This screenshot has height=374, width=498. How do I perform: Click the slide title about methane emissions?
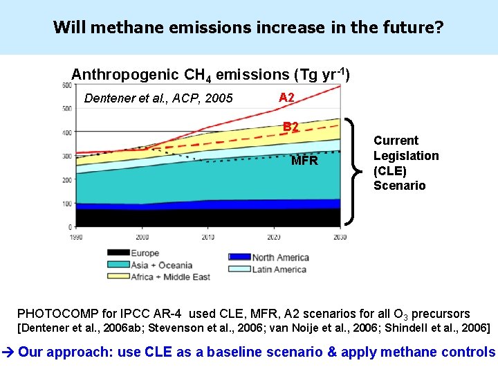[248, 28]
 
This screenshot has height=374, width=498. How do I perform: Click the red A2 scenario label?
[286, 98]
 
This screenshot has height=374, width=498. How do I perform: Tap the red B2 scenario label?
[290, 127]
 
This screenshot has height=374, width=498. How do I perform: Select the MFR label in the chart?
[304, 161]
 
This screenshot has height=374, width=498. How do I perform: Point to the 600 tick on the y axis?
[66, 85]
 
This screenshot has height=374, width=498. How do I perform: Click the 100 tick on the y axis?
[66, 204]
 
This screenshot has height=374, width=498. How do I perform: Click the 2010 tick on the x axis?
[207, 237]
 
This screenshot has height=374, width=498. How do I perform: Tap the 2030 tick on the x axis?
[340, 237]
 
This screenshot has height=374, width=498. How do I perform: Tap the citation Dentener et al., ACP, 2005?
[158, 98]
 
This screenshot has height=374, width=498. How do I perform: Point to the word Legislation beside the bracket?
[406, 156]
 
